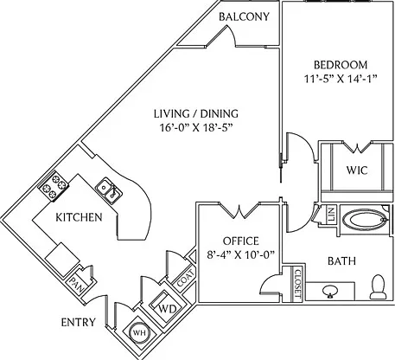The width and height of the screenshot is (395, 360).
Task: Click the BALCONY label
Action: tap(244, 16)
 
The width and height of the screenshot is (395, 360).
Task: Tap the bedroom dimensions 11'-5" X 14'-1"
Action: tap(341, 79)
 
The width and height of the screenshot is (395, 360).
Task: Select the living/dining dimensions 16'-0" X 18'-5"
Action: tap(196, 127)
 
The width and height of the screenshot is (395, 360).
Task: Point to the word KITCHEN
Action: tap(79, 217)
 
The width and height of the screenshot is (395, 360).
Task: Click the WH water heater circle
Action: tap(140, 333)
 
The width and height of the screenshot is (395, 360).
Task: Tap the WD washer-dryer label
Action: tap(168, 309)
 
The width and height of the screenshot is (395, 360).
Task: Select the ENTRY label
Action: tap(79, 322)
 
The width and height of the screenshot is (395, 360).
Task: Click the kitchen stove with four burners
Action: tap(54, 186)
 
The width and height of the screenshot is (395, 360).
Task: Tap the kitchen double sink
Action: tap(109, 190)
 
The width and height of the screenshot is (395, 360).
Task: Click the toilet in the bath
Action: tap(378, 286)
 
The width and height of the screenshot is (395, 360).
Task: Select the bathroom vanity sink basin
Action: tap(330, 291)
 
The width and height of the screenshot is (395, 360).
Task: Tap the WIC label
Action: tap(357, 170)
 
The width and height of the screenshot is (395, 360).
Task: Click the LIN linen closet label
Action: tap(331, 214)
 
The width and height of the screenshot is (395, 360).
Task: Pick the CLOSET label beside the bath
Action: tap(297, 284)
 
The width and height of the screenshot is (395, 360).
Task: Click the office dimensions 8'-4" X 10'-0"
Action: tap(240, 255)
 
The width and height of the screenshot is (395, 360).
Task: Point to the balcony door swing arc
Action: tap(233, 35)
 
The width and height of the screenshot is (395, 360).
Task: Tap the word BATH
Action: tap(341, 261)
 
